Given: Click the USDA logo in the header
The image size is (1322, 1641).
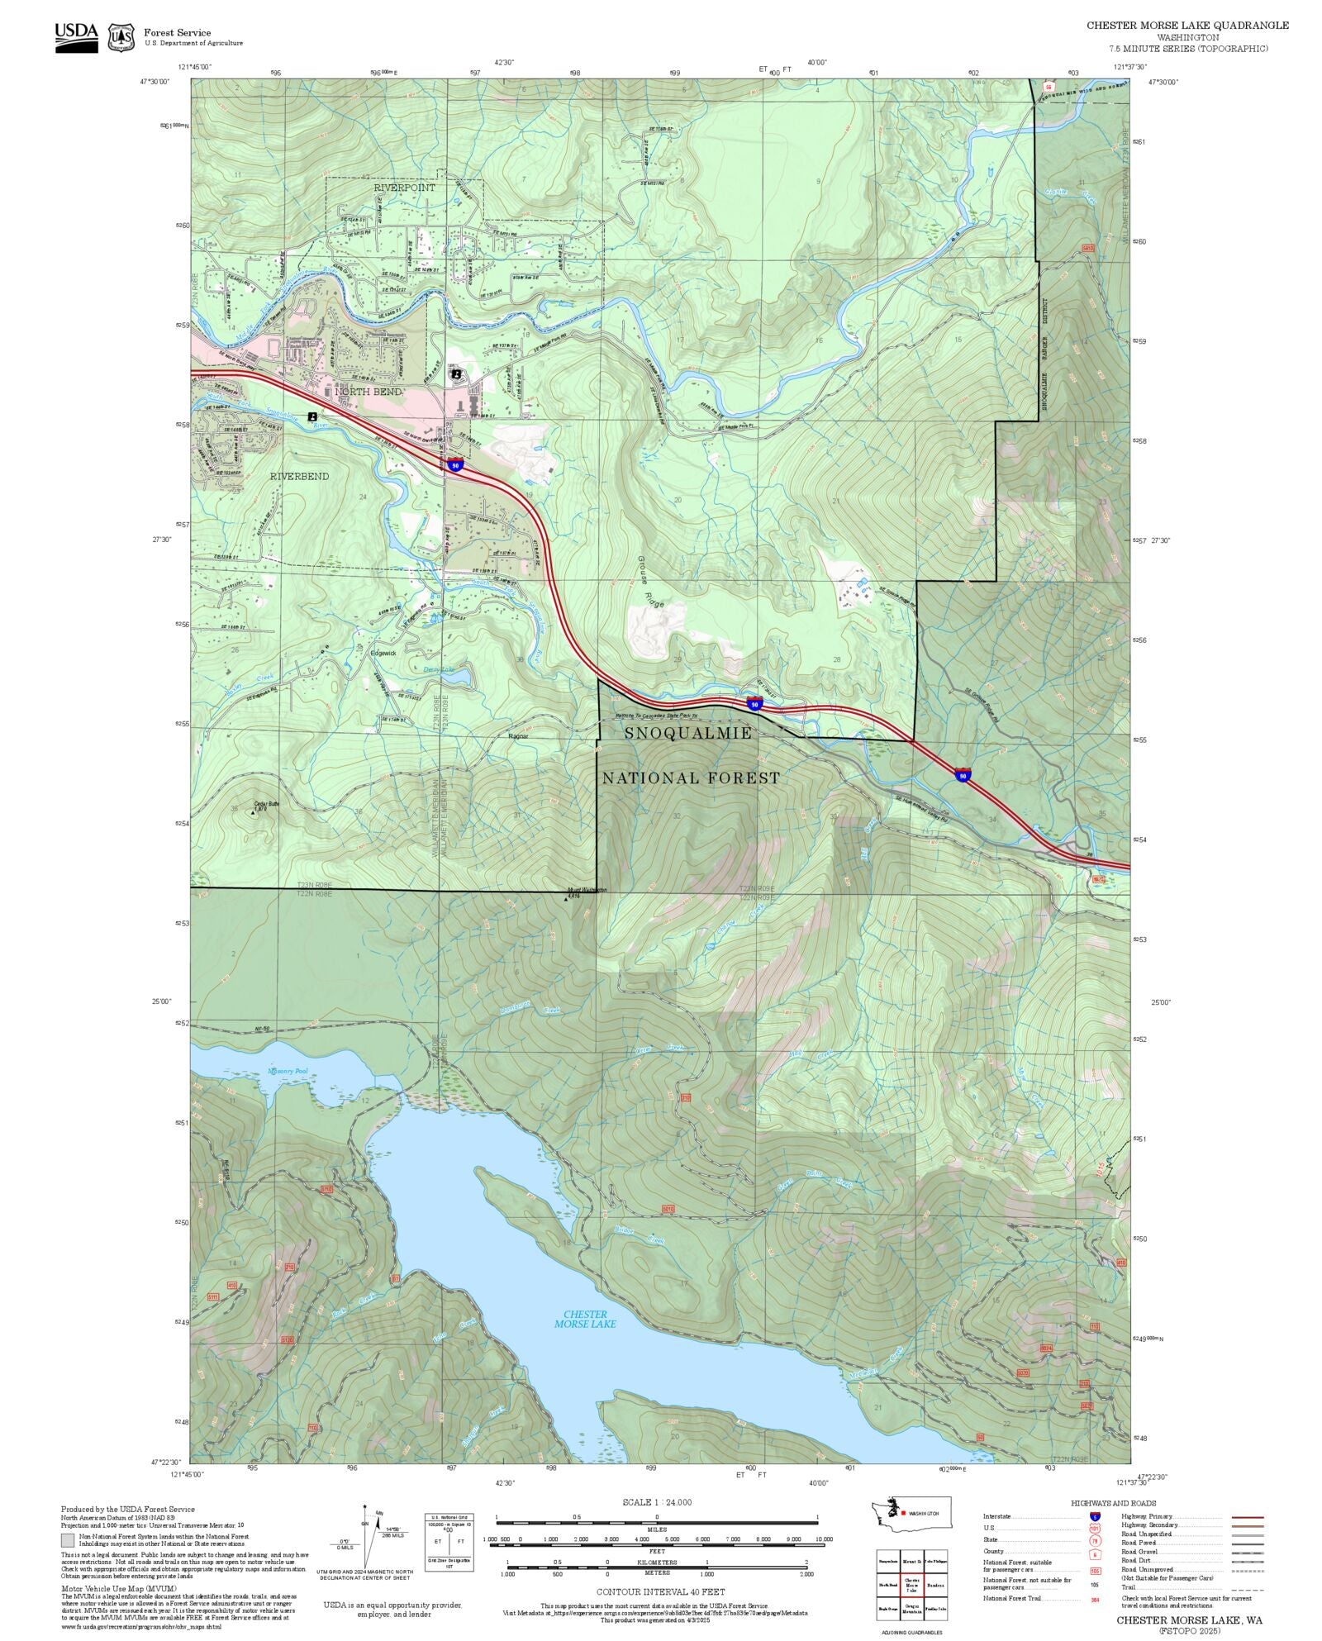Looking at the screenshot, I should click(x=76, y=36).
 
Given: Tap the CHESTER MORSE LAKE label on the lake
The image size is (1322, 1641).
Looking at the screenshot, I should click(x=585, y=1319).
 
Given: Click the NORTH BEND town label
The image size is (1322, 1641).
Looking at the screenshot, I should click(x=369, y=392).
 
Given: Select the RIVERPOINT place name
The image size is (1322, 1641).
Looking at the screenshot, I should click(x=404, y=188).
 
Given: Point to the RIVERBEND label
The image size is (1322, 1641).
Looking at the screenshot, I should click(x=299, y=477).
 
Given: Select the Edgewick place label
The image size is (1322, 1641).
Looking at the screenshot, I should click(x=383, y=653).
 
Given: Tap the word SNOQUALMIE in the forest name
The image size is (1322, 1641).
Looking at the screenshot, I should click(x=687, y=734).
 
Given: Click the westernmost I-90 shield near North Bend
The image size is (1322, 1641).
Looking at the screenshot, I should click(x=455, y=465).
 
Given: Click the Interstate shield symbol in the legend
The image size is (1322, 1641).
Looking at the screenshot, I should click(x=1095, y=1517).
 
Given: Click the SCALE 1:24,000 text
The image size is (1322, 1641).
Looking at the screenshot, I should click(x=657, y=1502).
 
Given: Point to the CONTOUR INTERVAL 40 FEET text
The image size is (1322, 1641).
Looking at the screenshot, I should click(x=661, y=1591).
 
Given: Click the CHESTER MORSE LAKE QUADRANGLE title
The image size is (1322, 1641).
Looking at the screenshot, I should click(x=1187, y=26).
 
